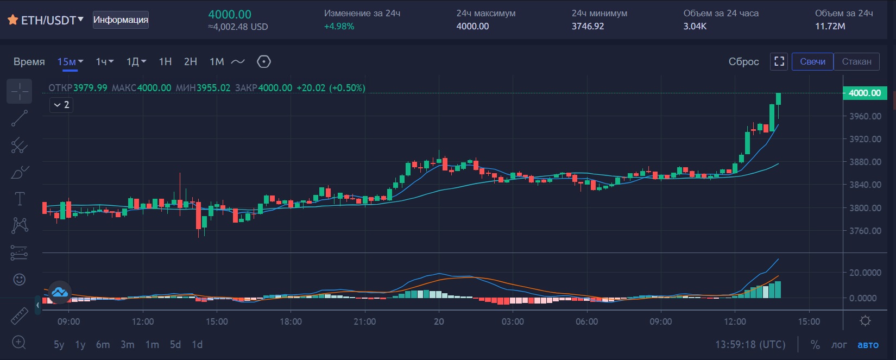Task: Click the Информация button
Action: [121, 20]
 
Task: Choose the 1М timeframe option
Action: [217, 62]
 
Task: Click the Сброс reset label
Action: [743, 62]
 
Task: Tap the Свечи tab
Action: [812, 62]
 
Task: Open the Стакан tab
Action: [856, 62]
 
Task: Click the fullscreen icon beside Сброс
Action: [779, 61]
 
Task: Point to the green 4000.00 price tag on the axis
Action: [865, 93]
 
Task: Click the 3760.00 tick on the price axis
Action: [865, 231]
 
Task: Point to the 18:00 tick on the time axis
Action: [291, 321]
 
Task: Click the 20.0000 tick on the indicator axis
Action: [865, 273]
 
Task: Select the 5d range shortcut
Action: [175, 344]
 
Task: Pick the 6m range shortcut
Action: [103, 344]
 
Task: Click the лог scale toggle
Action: [839, 344]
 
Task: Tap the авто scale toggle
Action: [868, 344]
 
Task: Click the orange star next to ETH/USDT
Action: [13, 20]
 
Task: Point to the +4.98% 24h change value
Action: [339, 26]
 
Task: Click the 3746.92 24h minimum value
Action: [588, 26]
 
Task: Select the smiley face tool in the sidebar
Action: [20, 279]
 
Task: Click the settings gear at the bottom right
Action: [865, 321]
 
